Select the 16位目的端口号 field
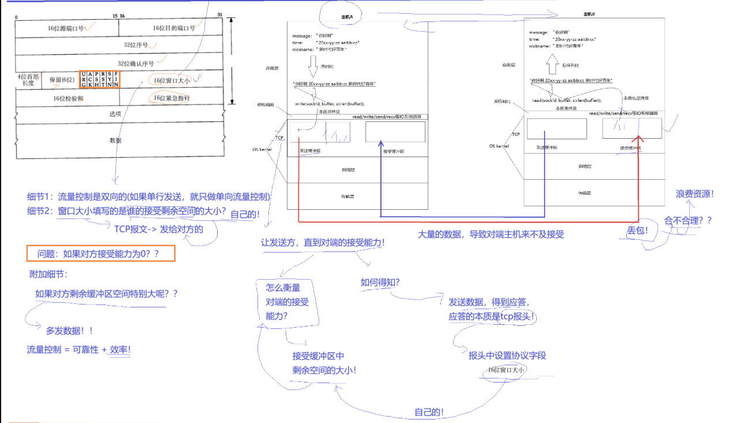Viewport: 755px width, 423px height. coord(171,28)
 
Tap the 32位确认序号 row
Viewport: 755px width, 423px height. coord(136,63)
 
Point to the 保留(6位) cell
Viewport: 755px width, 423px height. coord(62,80)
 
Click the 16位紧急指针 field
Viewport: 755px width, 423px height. coord(171,98)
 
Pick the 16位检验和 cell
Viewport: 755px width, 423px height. coord(68,98)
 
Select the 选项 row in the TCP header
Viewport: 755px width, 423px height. coord(115,114)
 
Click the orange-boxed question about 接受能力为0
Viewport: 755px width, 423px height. coord(100,253)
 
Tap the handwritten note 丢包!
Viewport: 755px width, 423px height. coord(638,230)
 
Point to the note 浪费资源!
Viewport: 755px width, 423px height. coord(695,194)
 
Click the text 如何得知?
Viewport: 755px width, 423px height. coord(380,282)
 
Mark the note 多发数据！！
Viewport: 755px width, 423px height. coord(70,331)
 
